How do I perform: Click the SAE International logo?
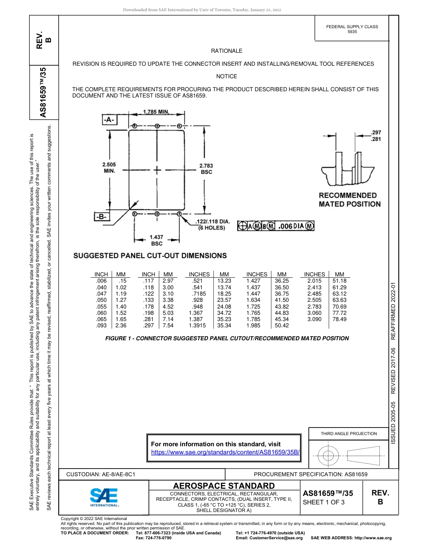click(x=104, y=496)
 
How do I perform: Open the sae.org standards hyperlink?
click(x=225, y=452)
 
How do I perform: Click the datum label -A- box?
click(x=109, y=120)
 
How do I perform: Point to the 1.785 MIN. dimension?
click(x=156, y=112)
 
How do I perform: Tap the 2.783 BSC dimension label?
click(x=206, y=169)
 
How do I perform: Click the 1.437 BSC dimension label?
click(x=157, y=240)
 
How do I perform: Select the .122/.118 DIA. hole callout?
click(x=212, y=224)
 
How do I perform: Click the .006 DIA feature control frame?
click(x=276, y=226)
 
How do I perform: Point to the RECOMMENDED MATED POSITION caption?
click(x=349, y=200)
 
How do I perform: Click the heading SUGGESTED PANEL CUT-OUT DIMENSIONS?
click(x=150, y=256)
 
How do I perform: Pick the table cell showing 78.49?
click(x=340, y=319)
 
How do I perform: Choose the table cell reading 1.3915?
click(x=197, y=326)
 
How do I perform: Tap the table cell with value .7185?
click(x=199, y=293)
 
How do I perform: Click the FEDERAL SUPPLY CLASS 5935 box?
click(x=352, y=29)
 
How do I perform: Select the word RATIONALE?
click(x=226, y=51)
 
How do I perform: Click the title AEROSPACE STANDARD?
click(x=224, y=486)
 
